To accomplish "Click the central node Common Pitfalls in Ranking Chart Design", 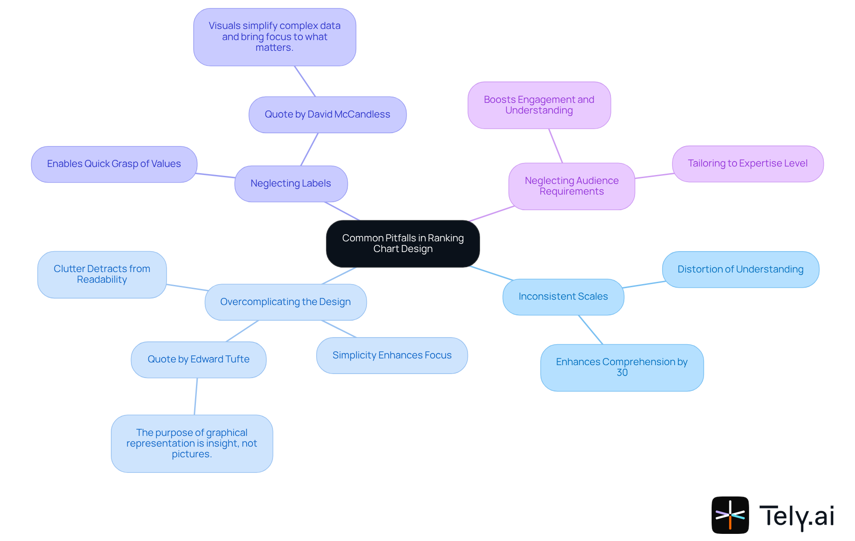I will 403,244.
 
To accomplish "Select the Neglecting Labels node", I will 291,183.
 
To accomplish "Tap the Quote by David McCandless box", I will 327,114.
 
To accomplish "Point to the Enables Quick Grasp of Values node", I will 114,164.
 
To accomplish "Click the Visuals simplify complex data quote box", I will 274,37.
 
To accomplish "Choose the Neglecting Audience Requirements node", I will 571,186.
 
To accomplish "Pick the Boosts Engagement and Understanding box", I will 539,105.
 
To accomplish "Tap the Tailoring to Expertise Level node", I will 747,163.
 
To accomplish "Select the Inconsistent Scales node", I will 563,297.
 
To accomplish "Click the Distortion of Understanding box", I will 740,269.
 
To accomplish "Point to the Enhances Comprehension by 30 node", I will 622,367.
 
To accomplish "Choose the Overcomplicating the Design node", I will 285,302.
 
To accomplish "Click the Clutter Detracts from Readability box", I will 102,274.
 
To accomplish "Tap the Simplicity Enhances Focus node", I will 392,355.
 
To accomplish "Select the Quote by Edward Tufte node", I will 199,359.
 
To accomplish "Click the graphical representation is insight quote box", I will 192,443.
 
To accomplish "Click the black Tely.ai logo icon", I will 730,515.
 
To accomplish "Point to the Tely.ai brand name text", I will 796,516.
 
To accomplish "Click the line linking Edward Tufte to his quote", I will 196,396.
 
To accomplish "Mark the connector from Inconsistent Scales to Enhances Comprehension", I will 590,329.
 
